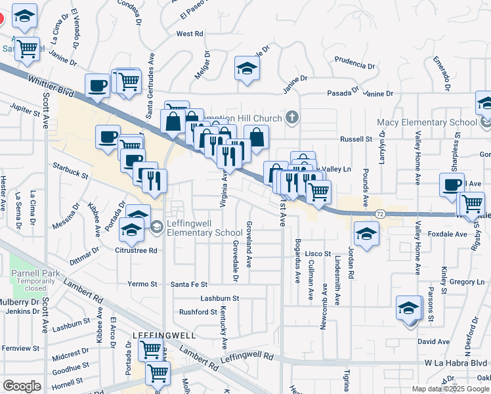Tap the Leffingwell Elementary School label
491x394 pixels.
click(x=204, y=228)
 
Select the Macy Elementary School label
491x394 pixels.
click(x=427, y=123)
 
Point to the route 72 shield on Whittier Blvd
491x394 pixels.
click(x=380, y=214)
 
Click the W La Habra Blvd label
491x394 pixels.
click(x=456, y=362)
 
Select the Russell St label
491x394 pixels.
click(x=356, y=139)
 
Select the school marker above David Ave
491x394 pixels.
click(x=408, y=307)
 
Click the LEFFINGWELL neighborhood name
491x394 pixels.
click(x=164, y=335)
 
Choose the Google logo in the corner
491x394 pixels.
click(x=22, y=386)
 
